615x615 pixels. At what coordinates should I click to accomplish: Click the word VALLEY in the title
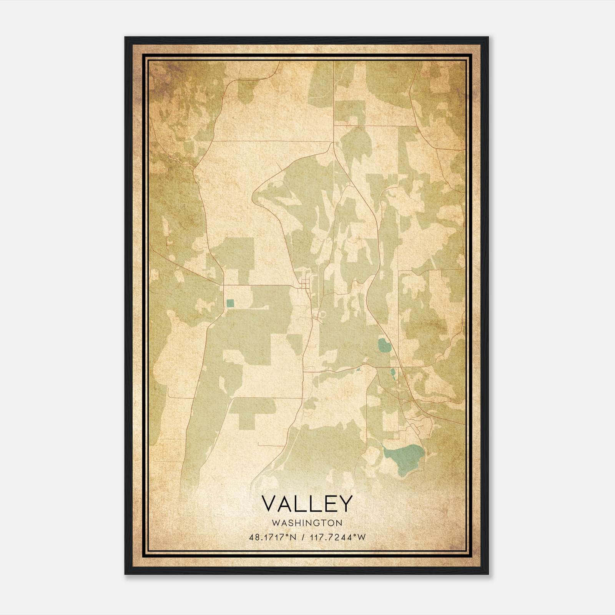(x=307, y=504)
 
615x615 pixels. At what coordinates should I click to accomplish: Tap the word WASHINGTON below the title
(x=307, y=523)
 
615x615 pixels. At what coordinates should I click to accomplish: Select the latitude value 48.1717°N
(x=273, y=537)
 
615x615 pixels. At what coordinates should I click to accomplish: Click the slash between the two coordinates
(x=304, y=537)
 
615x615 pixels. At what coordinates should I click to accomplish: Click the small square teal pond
(x=230, y=303)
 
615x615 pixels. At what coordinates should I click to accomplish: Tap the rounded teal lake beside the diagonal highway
(x=383, y=345)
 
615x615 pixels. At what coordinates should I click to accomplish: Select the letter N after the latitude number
(x=293, y=537)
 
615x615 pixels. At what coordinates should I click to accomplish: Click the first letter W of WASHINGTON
(x=275, y=523)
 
